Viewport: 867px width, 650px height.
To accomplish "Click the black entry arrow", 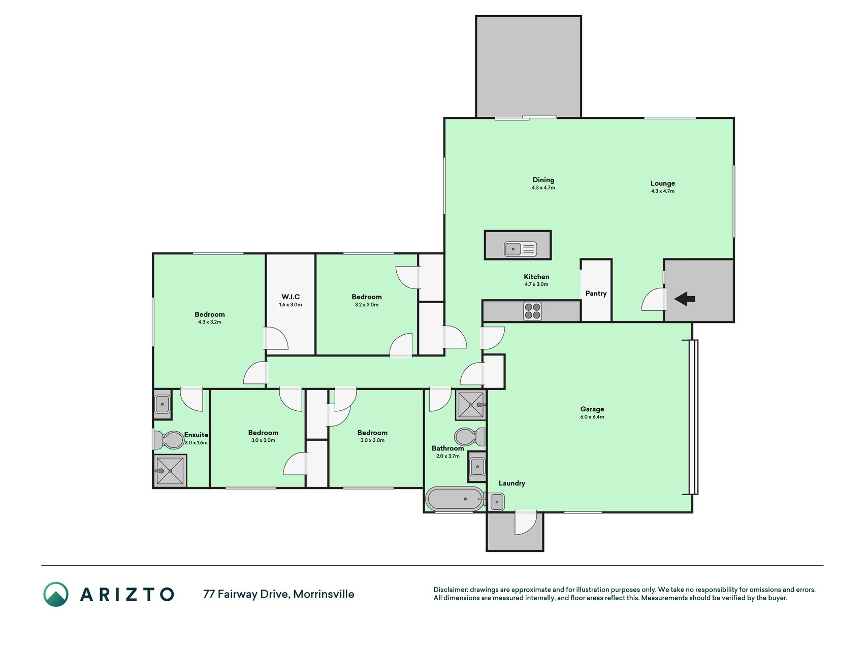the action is [x=685, y=299].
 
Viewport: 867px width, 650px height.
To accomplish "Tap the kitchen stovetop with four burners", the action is [x=532, y=311].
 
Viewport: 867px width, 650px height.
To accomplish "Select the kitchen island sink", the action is [x=520, y=249].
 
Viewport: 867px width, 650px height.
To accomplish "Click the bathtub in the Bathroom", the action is [x=455, y=499].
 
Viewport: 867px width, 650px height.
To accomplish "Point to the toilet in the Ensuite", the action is [x=168, y=440].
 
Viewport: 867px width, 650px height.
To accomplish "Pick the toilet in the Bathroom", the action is [x=470, y=436].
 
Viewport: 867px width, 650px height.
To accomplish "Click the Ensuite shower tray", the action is [x=170, y=471].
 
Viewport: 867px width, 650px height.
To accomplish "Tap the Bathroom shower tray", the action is [x=471, y=405].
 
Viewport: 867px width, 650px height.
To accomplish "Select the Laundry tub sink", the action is [x=495, y=502].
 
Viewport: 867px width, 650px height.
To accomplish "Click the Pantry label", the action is [x=596, y=294].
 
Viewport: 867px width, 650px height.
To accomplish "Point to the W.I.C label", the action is [x=291, y=297].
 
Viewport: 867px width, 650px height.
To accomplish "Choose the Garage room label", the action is [x=592, y=409].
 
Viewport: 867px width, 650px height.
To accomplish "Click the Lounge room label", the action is [x=663, y=183].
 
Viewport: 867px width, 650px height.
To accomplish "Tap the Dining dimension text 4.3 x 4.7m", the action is [x=543, y=188].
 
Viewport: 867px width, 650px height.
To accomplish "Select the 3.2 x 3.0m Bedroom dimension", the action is [x=367, y=305].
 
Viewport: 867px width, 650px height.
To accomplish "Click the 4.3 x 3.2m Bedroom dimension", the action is [x=210, y=322].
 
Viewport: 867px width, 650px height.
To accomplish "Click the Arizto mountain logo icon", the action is [x=56, y=594].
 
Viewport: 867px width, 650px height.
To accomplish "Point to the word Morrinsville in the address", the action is [x=324, y=594].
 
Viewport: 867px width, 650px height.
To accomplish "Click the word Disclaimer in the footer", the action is [x=451, y=590].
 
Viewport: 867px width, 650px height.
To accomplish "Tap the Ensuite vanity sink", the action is [x=162, y=405].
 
